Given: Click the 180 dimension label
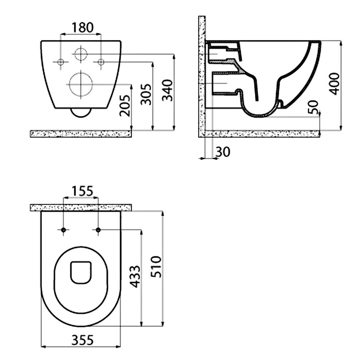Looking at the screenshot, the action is (x=82, y=27).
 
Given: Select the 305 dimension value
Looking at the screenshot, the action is (x=146, y=94).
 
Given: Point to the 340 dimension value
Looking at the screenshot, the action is (x=167, y=90).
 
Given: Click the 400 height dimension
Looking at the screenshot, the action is (x=334, y=84).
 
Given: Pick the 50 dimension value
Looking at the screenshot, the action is (x=314, y=107).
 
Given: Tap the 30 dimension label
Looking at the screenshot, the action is (x=223, y=152).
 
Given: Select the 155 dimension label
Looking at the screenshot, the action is (x=82, y=191).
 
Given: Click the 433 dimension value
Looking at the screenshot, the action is (x=135, y=277).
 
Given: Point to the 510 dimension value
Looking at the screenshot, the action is (x=156, y=266).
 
